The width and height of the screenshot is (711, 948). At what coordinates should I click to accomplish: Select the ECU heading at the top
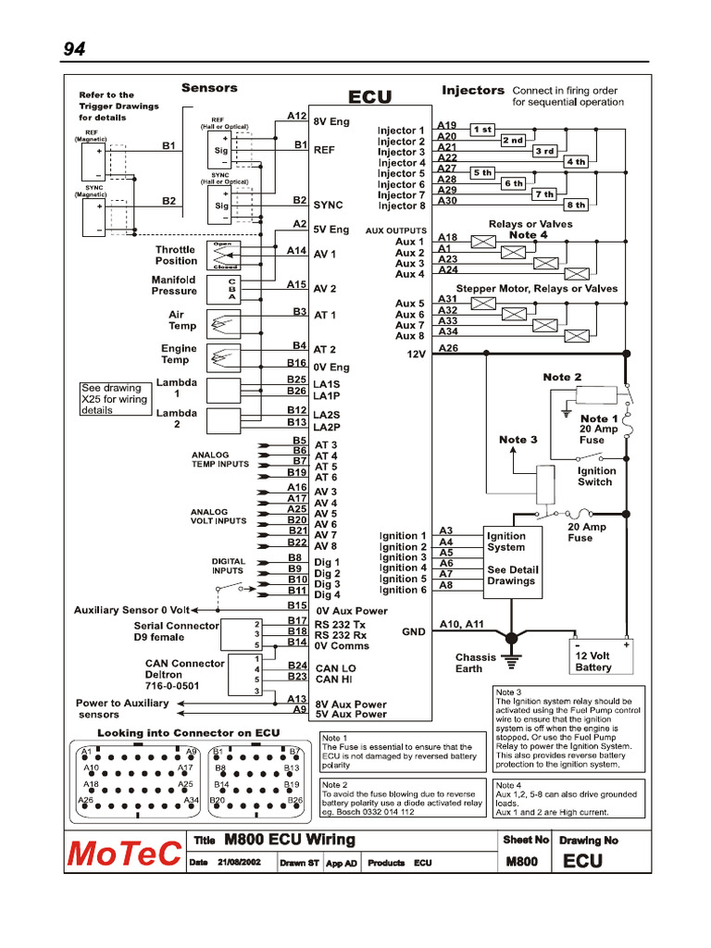coord(369,97)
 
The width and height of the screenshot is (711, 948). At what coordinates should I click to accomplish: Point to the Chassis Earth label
coord(475,663)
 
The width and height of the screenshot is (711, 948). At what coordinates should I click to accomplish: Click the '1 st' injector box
coord(482,130)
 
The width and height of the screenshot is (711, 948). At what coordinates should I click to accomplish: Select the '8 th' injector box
coord(576,205)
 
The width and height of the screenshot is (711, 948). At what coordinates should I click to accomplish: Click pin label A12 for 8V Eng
coord(296,117)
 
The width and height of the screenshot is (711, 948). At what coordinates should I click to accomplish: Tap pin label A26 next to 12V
coord(448,348)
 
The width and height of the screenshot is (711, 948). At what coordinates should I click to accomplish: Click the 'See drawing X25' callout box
coord(115,399)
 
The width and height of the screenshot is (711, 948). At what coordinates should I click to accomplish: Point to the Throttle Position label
coord(175,256)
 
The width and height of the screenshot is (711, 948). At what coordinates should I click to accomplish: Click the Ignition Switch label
coord(595,476)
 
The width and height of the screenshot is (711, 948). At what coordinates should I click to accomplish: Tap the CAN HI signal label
coord(334,680)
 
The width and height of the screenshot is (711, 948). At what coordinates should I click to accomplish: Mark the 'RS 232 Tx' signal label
coord(341,624)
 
